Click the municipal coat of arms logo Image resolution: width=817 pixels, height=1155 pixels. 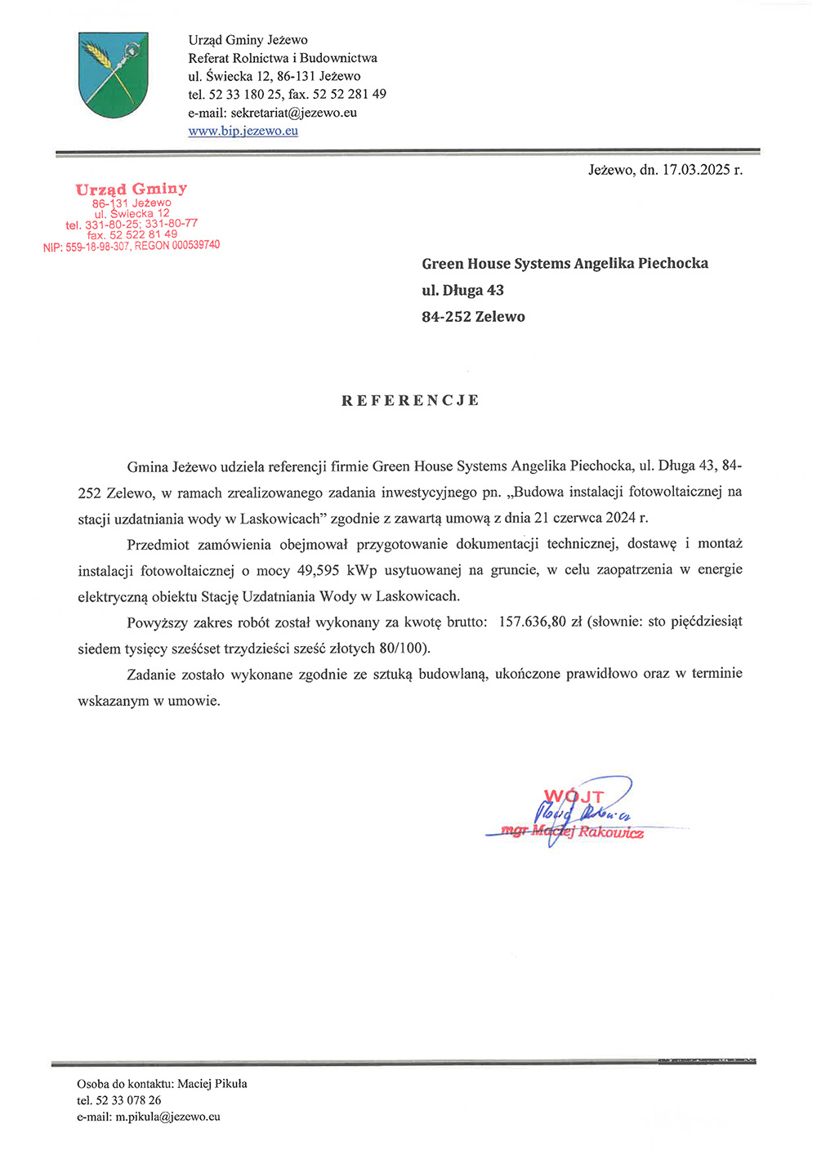pyautogui.click(x=114, y=74)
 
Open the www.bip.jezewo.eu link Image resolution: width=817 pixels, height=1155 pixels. pyautogui.click(x=243, y=131)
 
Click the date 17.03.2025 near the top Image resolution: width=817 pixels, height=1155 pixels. pyautogui.click(x=695, y=170)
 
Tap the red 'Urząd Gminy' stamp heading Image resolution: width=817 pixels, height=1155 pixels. pyautogui.click(x=132, y=190)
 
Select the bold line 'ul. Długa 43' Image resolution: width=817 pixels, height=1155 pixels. pyautogui.click(x=462, y=290)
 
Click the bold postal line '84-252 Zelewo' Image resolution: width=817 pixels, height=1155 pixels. pyautogui.click(x=473, y=317)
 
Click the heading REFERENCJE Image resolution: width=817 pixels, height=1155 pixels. pyautogui.click(x=410, y=400)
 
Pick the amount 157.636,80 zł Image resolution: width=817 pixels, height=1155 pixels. pyautogui.click(x=541, y=622)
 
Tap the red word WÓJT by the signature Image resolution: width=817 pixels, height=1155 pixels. pyautogui.click(x=574, y=796)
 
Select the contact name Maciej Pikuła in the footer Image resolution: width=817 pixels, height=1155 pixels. pyautogui.click(x=212, y=1084)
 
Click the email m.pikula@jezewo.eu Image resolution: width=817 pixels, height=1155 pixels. pyautogui.click(x=167, y=1117)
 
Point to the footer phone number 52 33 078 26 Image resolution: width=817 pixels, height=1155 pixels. pyautogui.click(x=128, y=1100)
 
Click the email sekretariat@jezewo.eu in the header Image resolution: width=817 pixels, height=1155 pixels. pyautogui.click(x=293, y=113)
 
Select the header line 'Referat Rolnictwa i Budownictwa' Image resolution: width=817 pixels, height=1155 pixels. pyautogui.click(x=283, y=58)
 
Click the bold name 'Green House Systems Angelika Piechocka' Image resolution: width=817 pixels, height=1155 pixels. pyautogui.click(x=565, y=264)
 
